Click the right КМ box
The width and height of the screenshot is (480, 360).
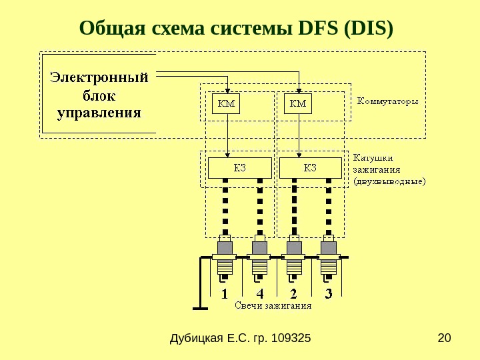tap(299, 104)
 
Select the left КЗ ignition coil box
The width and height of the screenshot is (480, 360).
tap(239, 167)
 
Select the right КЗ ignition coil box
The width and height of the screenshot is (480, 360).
tap(310, 167)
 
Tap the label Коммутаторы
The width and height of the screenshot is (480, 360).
tap(388, 102)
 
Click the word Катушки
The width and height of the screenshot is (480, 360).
tap(373, 158)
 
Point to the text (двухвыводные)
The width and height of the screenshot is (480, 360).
tap(389, 181)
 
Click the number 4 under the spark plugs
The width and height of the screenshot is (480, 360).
tap(259, 293)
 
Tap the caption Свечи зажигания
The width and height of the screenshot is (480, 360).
tap(273, 307)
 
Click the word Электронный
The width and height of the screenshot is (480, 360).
tap(99, 78)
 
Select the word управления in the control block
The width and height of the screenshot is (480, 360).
tap(99, 112)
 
